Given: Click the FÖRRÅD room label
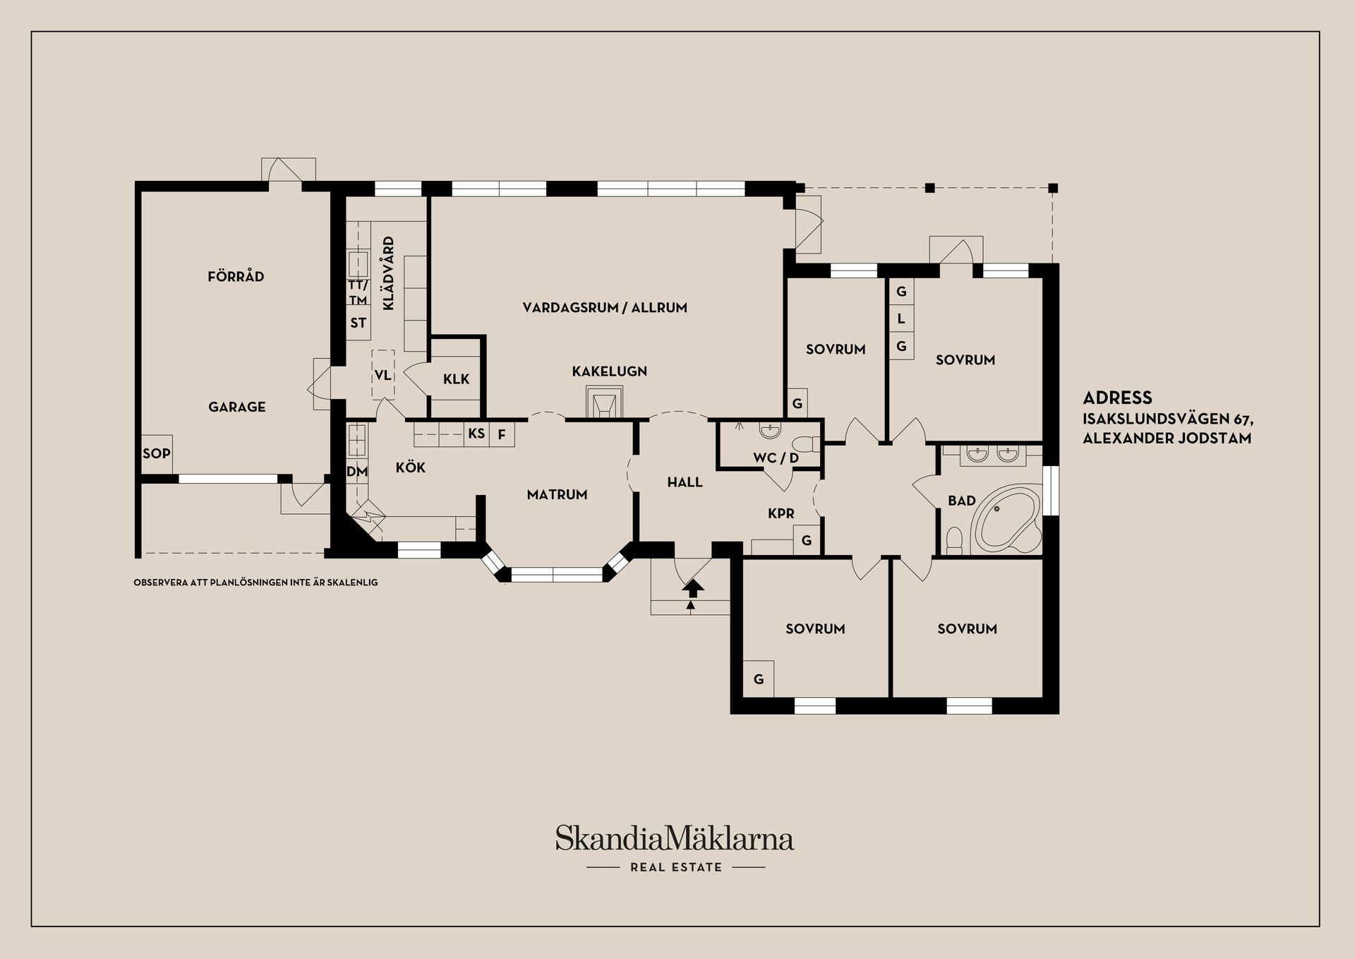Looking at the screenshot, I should click(x=236, y=276).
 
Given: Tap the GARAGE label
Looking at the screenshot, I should click(x=237, y=407).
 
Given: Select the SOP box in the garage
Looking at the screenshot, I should click(x=157, y=453).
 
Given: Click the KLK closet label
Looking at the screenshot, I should click(x=456, y=379).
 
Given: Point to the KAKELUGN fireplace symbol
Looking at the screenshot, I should click(x=604, y=405).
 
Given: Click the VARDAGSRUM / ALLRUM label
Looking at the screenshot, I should click(x=605, y=307).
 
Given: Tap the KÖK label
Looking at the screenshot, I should click(x=411, y=467).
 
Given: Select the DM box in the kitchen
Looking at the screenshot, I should click(x=356, y=471).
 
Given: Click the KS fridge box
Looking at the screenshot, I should click(x=476, y=433).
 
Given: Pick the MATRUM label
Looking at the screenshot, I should click(x=557, y=494).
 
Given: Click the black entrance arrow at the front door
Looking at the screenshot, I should click(x=692, y=588).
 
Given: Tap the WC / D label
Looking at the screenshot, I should click(x=776, y=458).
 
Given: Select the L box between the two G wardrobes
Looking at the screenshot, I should click(x=901, y=318).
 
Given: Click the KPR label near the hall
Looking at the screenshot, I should click(x=781, y=513).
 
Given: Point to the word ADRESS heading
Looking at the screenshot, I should click(x=1117, y=398).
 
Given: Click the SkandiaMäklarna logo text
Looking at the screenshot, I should click(x=675, y=838).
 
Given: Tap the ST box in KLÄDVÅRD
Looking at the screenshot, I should click(x=358, y=323).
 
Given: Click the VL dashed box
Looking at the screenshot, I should click(x=383, y=374).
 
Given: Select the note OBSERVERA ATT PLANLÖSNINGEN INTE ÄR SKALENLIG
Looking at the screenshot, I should click(x=255, y=583).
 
